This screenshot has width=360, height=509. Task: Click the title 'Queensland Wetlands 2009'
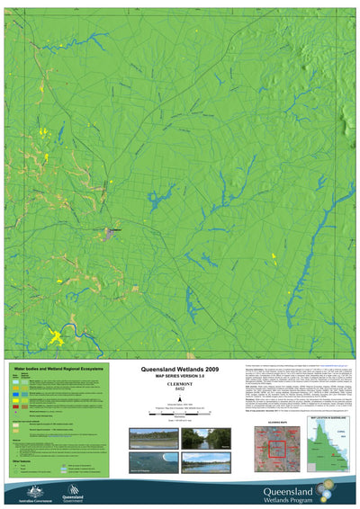coord(179,370)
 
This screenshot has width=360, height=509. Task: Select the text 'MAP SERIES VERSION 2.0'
coord(179,377)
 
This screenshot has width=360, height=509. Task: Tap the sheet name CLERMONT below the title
coord(179,387)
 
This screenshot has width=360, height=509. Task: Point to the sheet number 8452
coord(179,393)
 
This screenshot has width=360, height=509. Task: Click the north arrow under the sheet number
coord(179,402)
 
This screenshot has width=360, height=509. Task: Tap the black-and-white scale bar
coord(179,413)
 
